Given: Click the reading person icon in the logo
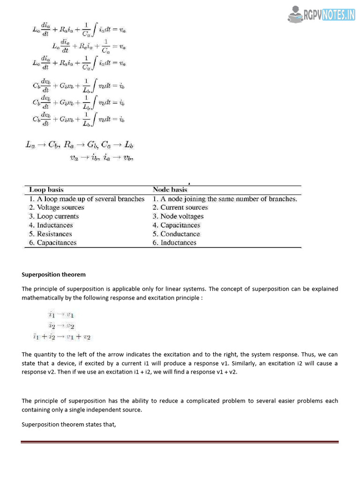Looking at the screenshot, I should [295, 15].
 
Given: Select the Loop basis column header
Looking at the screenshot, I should [45, 190].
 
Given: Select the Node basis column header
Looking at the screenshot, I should [170, 190].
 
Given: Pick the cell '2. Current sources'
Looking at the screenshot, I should [180, 208].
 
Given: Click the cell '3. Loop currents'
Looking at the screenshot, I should [54, 217].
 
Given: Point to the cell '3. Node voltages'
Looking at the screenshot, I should [178, 217].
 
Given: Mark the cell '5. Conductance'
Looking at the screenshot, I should [176, 234].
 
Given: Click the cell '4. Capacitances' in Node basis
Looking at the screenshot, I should [176, 225].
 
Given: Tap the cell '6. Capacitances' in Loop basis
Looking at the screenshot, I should [52, 243].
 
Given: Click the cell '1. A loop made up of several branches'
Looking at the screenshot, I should [87, 199].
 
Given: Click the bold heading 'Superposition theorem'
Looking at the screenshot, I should [53, 275].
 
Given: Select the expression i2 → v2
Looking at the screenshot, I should [61, 326].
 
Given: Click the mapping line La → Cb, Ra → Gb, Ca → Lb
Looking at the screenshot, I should [80, 145].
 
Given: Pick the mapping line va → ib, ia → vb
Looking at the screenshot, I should [101, 158].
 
